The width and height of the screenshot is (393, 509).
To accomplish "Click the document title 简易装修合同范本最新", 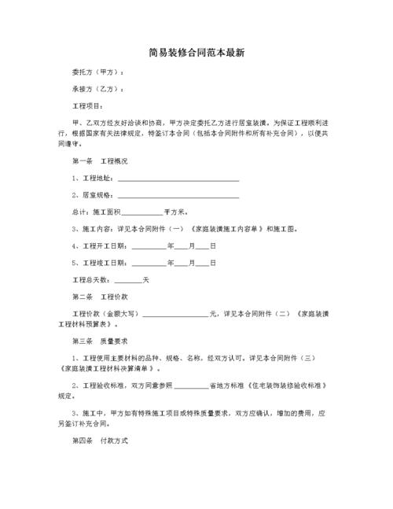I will (x=196, y=53).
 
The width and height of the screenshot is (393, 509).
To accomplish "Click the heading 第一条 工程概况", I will (x=99, y=161).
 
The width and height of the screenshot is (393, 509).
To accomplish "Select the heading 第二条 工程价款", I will (x=99, y=297).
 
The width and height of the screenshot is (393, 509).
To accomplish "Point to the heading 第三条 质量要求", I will (x=99, y=341).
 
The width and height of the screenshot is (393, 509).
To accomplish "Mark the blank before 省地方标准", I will (x=191, y=386).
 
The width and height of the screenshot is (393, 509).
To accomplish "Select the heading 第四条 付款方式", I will (x=99, y=441).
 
